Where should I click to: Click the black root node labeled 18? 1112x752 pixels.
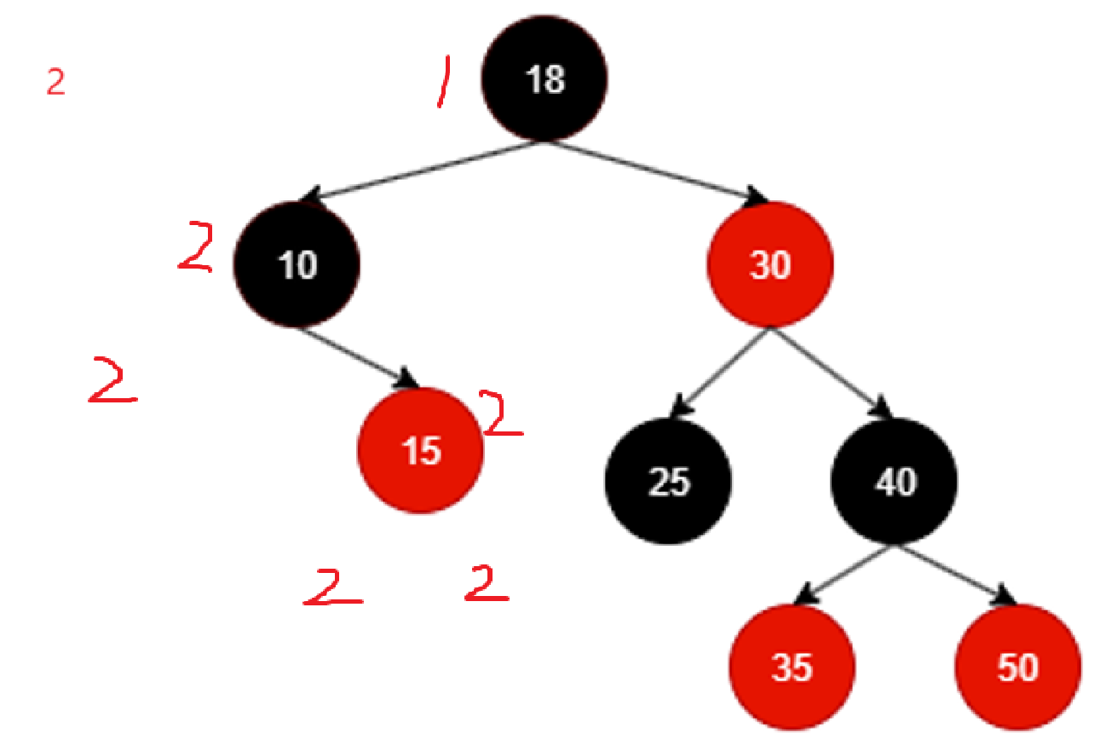544,79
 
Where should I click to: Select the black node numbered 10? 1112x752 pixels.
297,265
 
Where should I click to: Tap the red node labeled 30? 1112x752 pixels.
770,265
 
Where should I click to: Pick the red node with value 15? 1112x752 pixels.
421,451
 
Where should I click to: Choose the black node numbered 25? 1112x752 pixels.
669,482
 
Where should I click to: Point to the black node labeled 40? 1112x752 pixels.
895,482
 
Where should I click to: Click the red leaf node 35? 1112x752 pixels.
792,668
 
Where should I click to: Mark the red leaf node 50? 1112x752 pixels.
1018,668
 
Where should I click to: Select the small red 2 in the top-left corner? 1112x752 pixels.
55,83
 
